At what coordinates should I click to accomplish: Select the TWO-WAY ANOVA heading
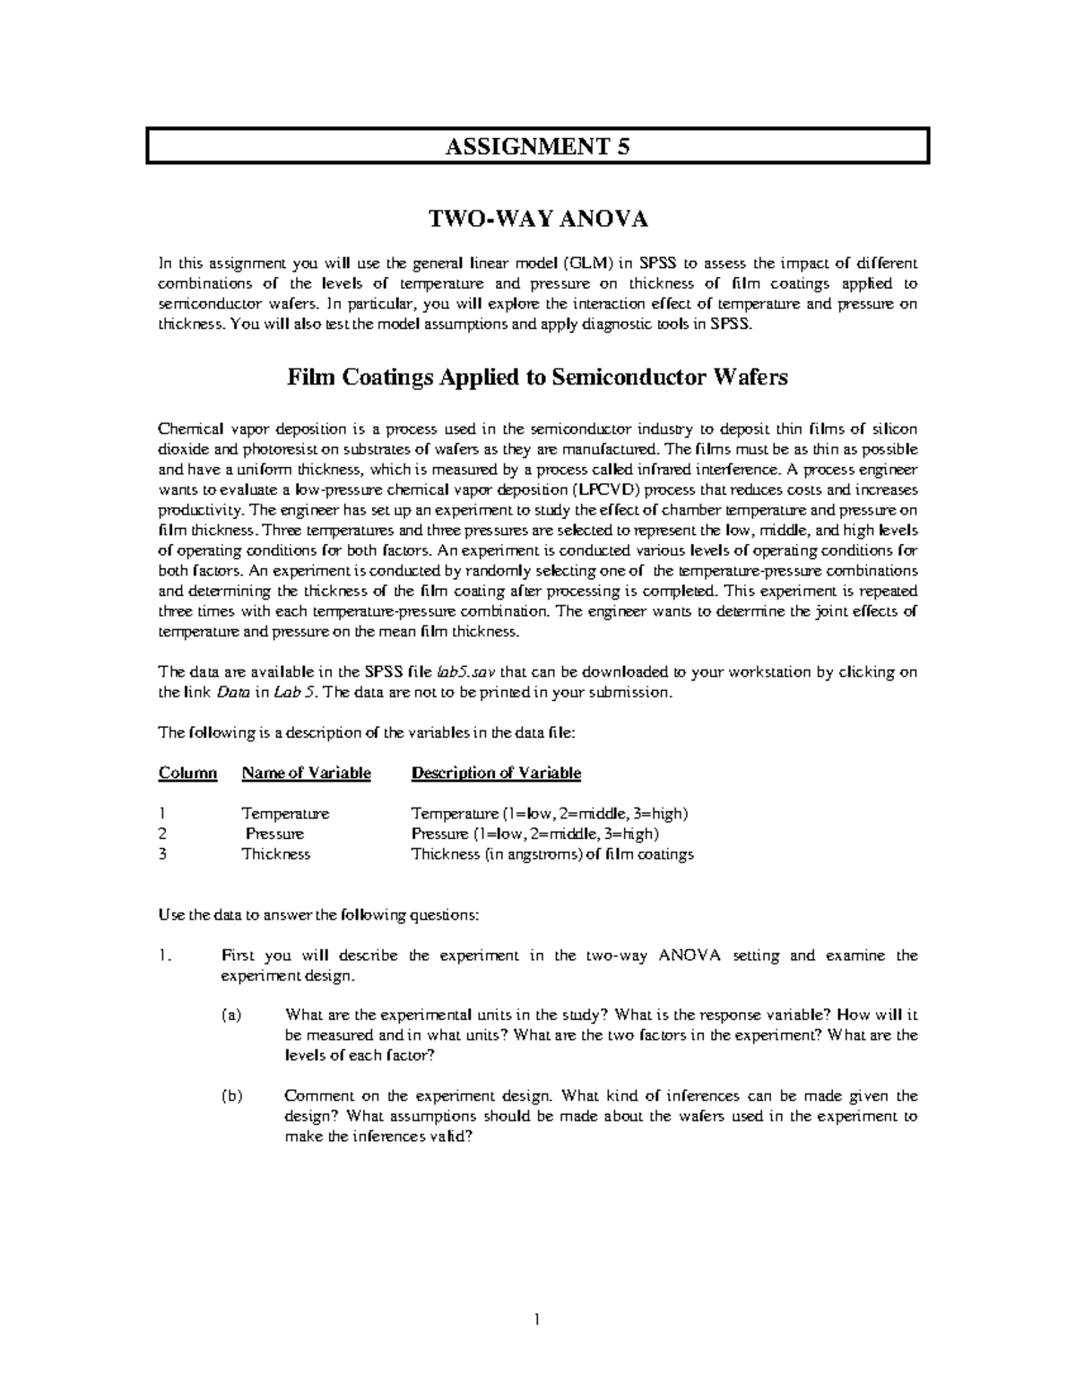point(537,220)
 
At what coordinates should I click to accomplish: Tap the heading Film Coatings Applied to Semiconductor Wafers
point(537,377)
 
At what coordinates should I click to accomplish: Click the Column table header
point(187,773)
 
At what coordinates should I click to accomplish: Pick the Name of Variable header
point(306,773)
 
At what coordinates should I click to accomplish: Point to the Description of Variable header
point(496,773)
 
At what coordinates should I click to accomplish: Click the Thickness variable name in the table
point(276,854)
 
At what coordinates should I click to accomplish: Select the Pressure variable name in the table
point(275,834)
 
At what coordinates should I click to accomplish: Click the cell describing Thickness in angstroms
point(552,854)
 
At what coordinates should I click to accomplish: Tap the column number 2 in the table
point(162,834)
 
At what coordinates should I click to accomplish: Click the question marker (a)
point(231,1015)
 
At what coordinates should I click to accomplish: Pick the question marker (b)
point(231,1095)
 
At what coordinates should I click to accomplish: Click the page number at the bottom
point(536,1319)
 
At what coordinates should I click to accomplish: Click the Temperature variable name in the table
point(285,814)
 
